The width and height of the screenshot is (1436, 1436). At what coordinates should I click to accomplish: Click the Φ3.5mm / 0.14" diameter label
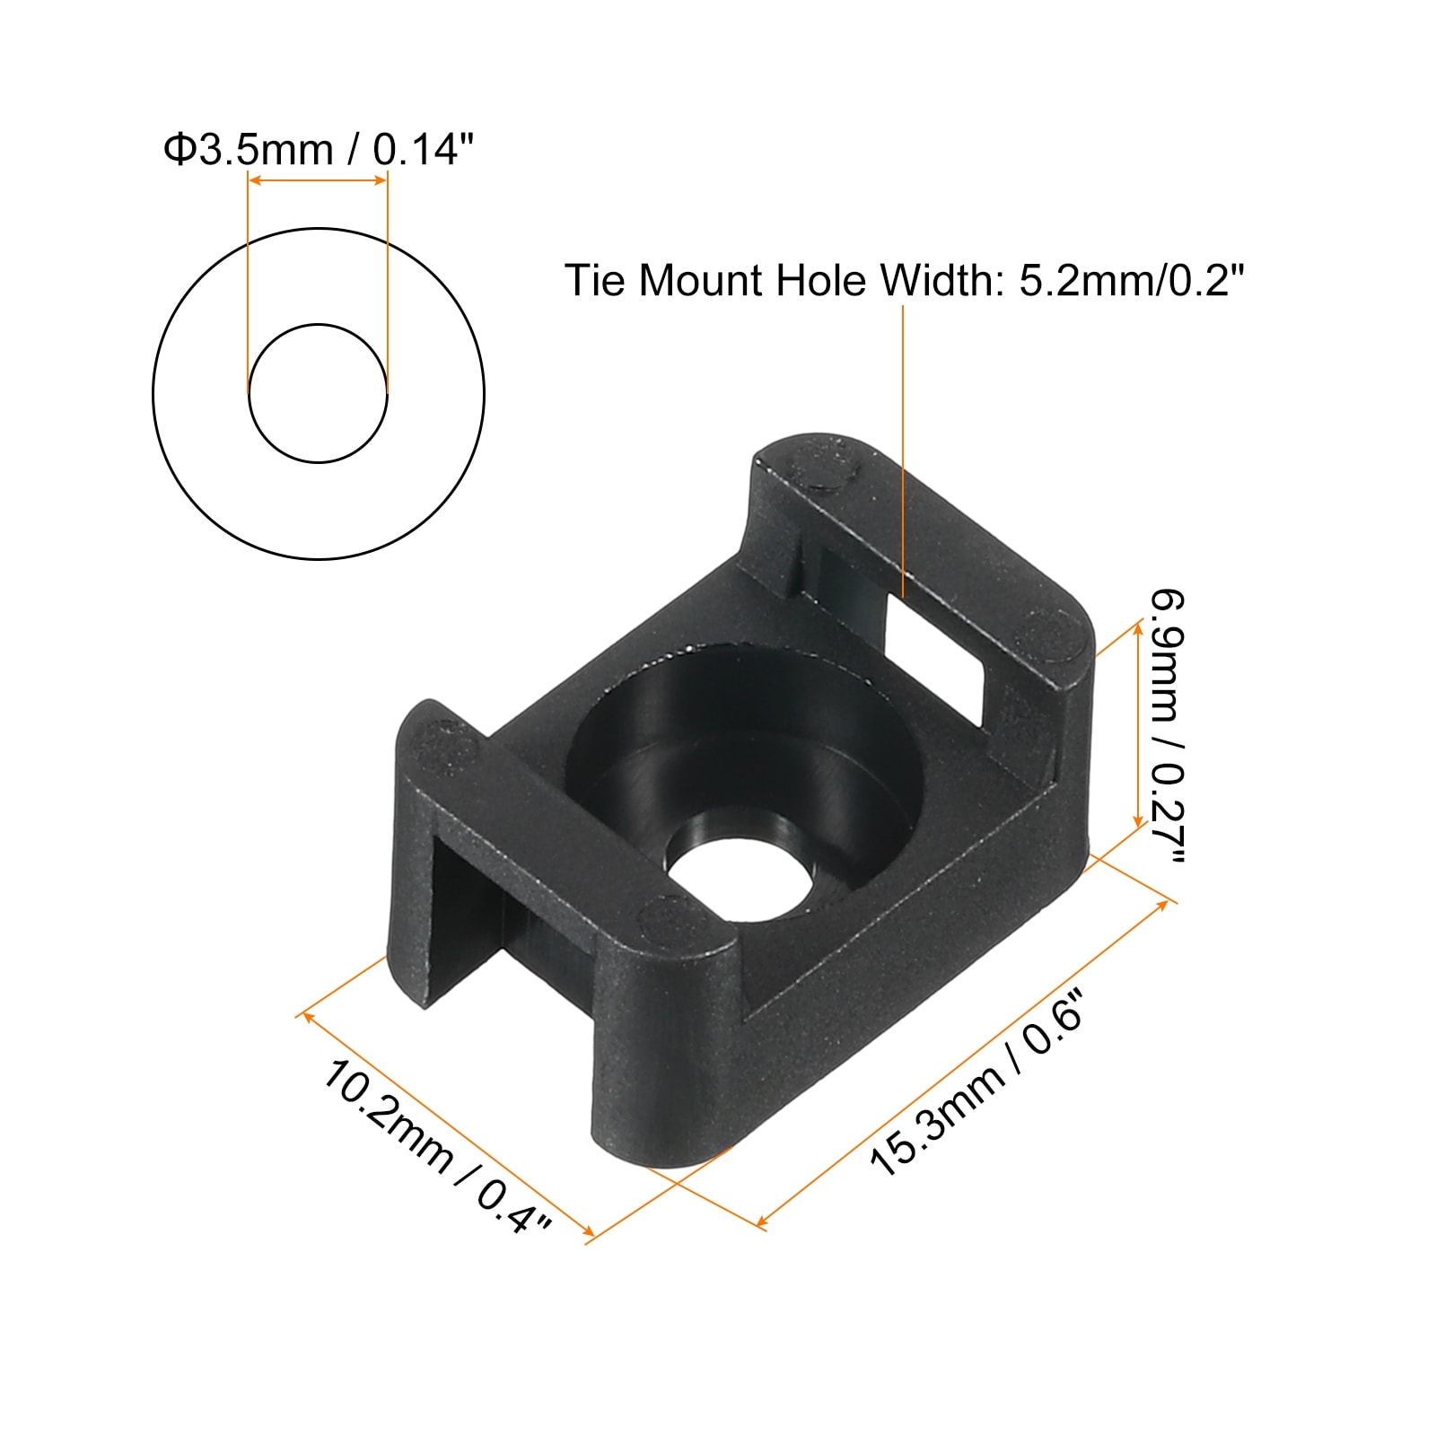click(318, 149)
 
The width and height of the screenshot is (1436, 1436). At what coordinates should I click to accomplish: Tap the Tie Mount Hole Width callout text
click(905, 280)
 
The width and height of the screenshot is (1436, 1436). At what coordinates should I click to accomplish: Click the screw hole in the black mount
click(738, 880)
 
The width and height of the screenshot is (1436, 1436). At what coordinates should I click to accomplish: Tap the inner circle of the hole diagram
click(319, 393)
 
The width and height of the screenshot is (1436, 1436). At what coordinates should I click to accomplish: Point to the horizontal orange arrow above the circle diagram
click(318, 180)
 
